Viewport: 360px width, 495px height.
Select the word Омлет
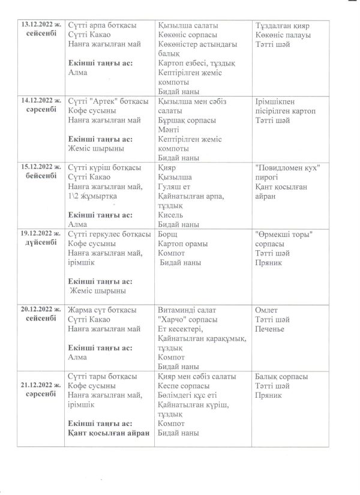pos(266,310)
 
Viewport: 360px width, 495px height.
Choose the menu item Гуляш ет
pos(175,186)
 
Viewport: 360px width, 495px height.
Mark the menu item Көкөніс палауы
pos(283,35)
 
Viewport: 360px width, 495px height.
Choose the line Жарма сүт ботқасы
pos(103,310)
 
